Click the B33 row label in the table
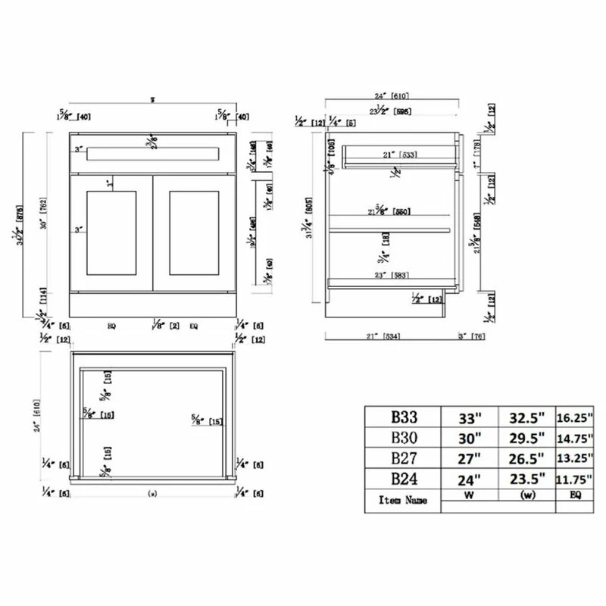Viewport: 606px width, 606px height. (x=404, y=416)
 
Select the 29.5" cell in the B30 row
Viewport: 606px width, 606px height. (x=527, y=438)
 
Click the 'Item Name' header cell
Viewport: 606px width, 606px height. (x=403, y=500)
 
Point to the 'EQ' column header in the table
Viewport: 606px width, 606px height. (x=576, y=498)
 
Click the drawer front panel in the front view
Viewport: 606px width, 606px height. (x=155, y=155)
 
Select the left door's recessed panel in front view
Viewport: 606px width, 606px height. (x=112, y=233)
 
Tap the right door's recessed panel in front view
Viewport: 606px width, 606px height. (x=194, y=233)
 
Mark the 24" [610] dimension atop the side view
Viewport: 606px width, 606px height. (x=392, y=97)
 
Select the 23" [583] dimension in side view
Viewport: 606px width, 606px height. (x=389, y=274)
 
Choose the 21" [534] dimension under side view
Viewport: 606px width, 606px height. (x=386, y=336)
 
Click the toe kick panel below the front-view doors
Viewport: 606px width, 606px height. (x=155, y=304)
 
